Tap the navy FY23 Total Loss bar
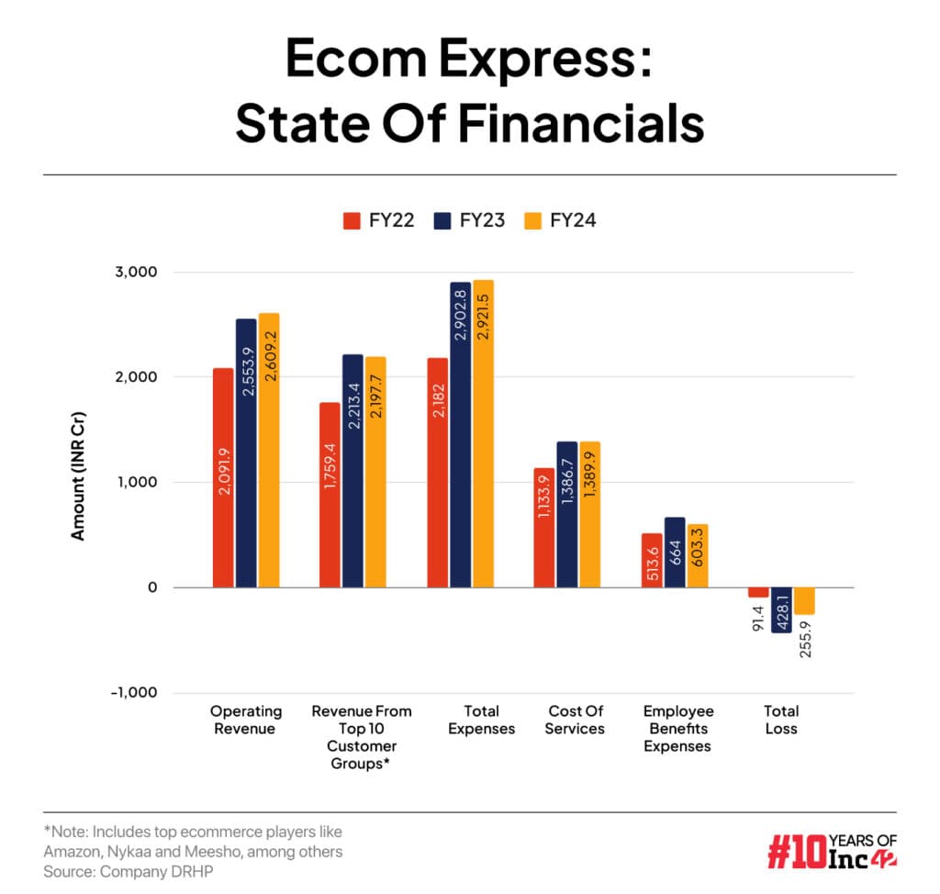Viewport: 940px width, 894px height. coord(781,609)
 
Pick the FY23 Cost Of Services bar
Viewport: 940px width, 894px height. coord(567,514)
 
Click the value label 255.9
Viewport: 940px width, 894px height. coord(805,637)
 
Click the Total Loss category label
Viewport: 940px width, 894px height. coord(781,720)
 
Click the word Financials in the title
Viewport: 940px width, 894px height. coord(564,126)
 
